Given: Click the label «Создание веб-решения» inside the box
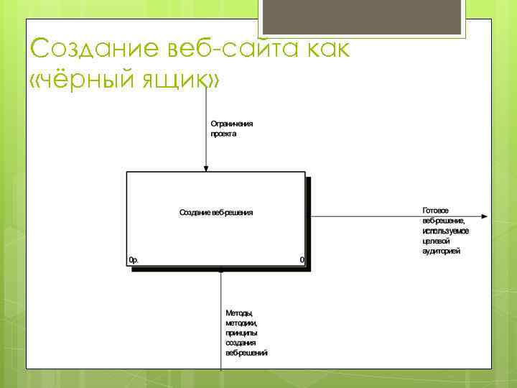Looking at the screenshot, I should point(216,213).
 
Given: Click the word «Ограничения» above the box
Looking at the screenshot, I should point(231,124).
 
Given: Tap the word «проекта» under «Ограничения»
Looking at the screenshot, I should point(223,134).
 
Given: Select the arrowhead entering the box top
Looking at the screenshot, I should point(206,168).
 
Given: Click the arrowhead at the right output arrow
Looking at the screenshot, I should point(485,216).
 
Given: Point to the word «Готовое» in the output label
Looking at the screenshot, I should point(436,211).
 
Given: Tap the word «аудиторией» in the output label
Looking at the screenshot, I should point(442,251).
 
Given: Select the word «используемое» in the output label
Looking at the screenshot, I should point(445,231).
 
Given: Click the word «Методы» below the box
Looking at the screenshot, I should point(240,313).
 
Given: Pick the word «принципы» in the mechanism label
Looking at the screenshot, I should point(241,333).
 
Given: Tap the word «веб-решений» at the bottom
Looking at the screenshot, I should point(246,354).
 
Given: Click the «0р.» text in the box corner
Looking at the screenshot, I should point(134,259).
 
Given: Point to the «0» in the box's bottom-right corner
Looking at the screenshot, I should point(302,259).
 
